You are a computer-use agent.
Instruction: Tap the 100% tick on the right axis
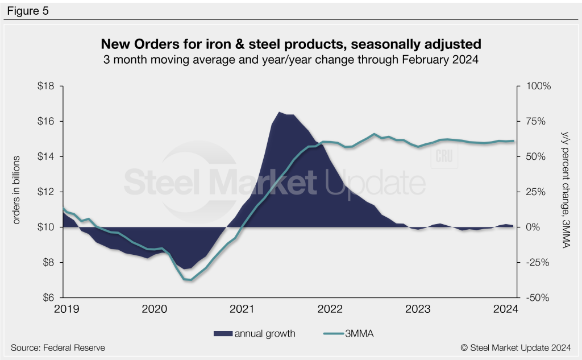537,86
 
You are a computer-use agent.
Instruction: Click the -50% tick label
537,297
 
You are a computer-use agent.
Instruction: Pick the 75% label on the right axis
535,122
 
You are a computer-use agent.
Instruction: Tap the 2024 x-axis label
505,309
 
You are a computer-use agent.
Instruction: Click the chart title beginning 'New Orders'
290,44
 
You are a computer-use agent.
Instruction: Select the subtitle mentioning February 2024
290,60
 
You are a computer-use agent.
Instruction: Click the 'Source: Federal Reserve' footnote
57,347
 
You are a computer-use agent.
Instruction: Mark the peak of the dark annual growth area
279,112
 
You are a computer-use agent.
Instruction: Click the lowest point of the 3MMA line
188,280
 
